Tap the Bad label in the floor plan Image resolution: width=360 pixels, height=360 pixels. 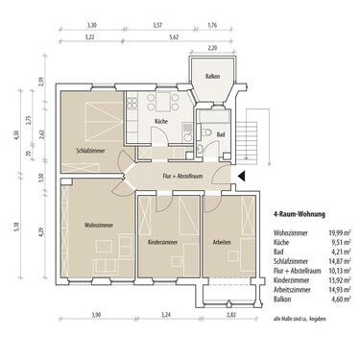click(220, 135)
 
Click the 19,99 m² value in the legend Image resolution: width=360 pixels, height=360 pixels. click(332, 231)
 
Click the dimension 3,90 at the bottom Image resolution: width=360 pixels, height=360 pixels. click(94, 314)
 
